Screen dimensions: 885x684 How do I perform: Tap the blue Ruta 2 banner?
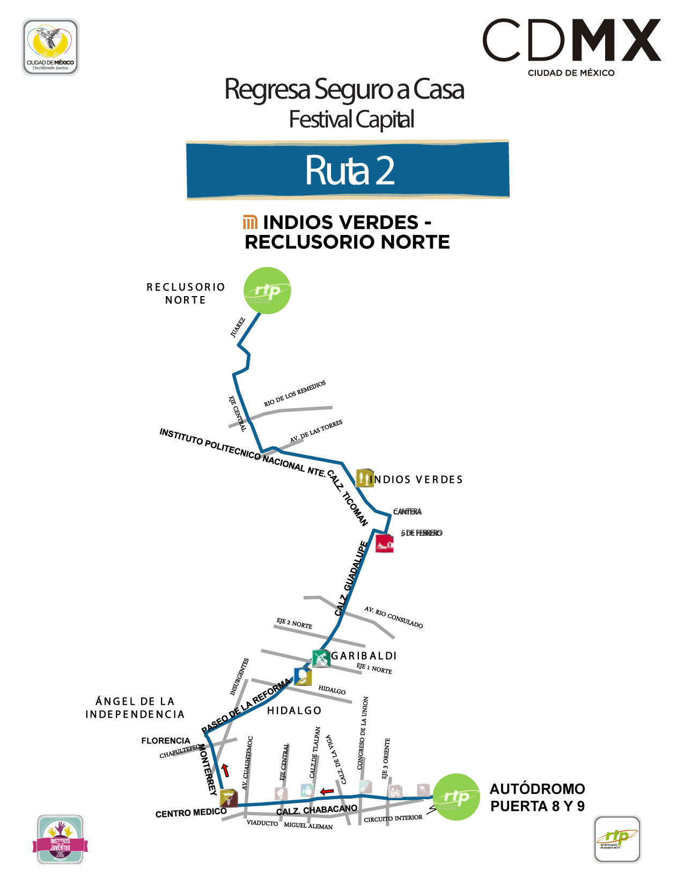pos(348,170)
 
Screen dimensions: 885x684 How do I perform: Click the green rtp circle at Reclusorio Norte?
pos(267,291)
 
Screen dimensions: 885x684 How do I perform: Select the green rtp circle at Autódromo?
pos(456,796)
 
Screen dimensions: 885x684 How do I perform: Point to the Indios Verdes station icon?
pos(364,478)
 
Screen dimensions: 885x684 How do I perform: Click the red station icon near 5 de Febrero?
pos(384,543)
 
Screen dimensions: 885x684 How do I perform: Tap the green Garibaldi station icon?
pos(321,658)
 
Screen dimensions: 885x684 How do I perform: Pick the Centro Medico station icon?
pos(229,798)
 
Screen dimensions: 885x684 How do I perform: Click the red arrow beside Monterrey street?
pos(226,770)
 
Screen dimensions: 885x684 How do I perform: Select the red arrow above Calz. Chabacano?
pos(327,791)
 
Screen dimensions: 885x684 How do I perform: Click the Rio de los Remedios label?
pos(295,394)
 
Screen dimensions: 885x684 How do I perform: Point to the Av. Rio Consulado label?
pos(393,617)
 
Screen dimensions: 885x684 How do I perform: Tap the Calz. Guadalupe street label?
pos(351,579)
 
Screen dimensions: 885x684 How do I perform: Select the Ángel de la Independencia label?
pos(135,707)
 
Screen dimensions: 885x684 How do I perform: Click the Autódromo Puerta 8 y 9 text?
pos(537,797)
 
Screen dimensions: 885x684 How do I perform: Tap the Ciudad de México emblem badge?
pos(50,47)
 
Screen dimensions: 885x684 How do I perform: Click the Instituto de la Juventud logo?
pos(60,839)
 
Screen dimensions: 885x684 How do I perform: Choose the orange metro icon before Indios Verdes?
pos(250,222)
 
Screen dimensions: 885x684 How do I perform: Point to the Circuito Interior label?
pos(393,818)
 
